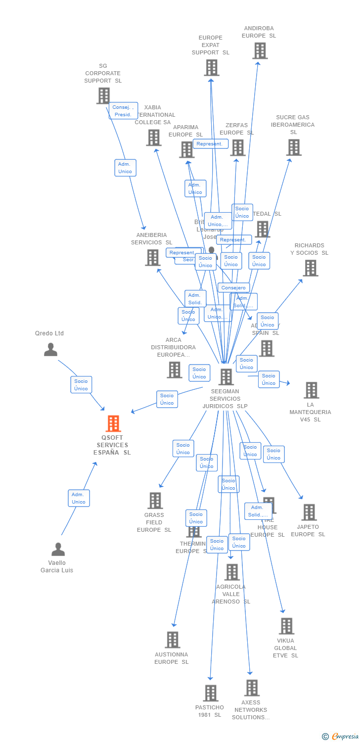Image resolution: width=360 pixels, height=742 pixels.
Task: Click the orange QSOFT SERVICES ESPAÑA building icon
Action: tap(113, 424)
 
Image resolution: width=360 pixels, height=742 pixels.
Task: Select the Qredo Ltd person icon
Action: tap(50, 350)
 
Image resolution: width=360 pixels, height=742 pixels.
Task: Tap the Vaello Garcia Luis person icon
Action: tap(58, 549)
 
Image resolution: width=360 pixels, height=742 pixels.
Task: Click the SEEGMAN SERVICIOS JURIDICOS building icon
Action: tap(226, 377)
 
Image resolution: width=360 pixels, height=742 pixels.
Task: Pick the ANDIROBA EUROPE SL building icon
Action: tap(260, 50)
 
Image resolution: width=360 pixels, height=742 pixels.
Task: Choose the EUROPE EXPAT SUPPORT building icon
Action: tap(211, 67)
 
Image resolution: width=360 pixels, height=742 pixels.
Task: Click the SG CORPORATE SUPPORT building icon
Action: tap(103, 95)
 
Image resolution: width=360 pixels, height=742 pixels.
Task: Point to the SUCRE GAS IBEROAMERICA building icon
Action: tap(294, 147)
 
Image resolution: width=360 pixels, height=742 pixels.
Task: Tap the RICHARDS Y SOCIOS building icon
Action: tap(310, 268)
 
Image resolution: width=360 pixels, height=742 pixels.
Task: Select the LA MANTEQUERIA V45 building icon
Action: tap(311, 390)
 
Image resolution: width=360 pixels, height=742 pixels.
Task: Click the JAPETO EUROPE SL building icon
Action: tap(309, 512)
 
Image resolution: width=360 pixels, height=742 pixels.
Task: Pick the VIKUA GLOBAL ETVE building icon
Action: tap(286, 626)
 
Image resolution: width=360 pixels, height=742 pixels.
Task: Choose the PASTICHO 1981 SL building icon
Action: tap(211, 693)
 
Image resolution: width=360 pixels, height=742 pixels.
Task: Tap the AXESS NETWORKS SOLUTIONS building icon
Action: tap(252, 688)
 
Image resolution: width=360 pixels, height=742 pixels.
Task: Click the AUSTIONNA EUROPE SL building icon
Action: tap(172, 640)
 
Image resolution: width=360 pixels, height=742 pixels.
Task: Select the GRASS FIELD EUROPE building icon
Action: tap(155, 501)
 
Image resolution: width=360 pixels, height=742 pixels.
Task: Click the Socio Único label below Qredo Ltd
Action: tap(81, 385)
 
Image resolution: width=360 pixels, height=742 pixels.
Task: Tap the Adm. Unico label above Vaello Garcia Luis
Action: tap(79, 498)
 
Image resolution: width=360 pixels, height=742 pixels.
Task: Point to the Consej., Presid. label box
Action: tap(123, 111)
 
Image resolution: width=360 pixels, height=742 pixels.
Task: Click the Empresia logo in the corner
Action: tap(341, 736)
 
